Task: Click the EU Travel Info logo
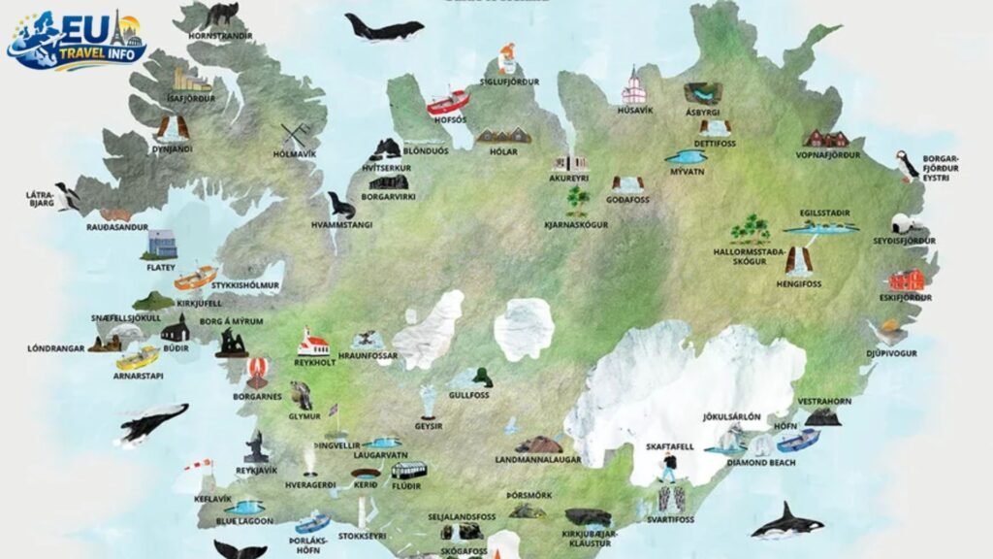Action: [78, 40]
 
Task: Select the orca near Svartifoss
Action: [787, 523]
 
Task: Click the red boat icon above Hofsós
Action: [448, 102]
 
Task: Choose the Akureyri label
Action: [570, 179]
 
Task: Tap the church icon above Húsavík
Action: [634, 86]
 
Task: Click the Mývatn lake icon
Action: [686, 156]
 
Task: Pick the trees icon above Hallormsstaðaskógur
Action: [750, 229]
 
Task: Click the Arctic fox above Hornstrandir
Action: [221, 16]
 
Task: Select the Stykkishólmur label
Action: [245, 285]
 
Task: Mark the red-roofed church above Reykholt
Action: [313, 341]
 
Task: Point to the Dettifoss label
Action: [716, 144]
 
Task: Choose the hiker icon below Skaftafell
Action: [669, 469]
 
